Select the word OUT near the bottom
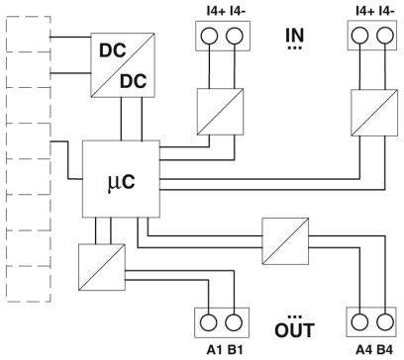tap(294, 327)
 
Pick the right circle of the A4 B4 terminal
tap(377, 323)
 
